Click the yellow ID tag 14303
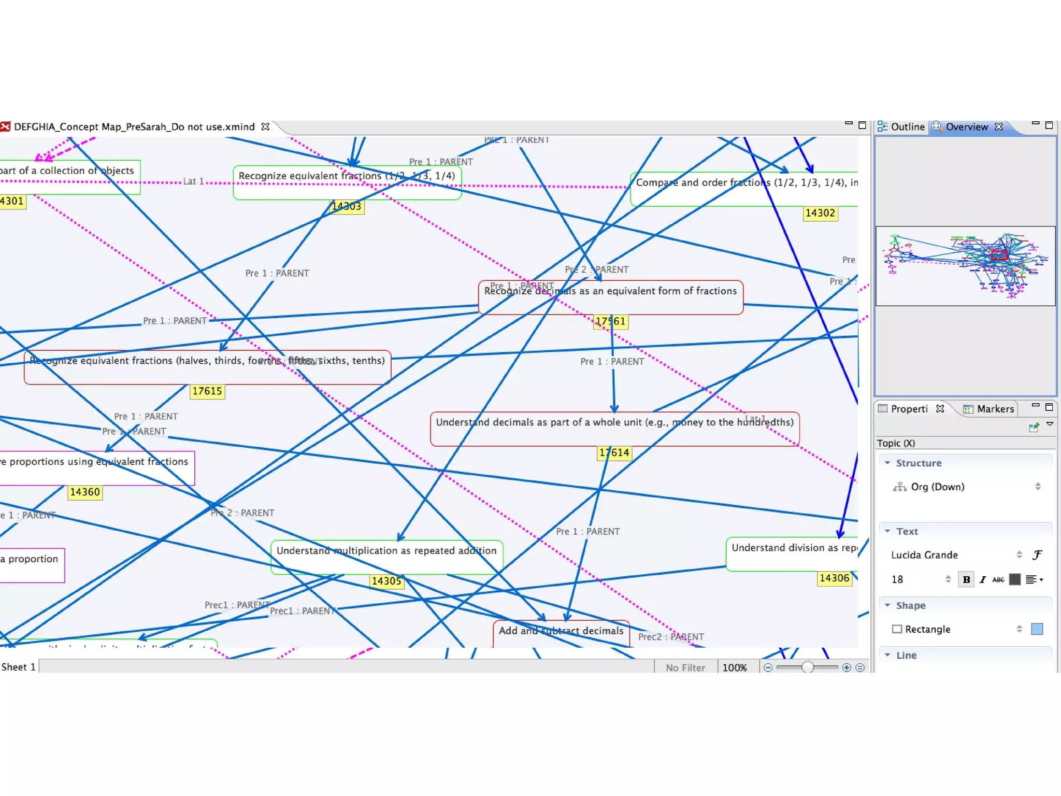[x=347, y=206]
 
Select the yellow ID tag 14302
[x=820, y=213]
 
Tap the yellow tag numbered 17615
[x=207, y=391]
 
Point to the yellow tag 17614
[x=614, y=453]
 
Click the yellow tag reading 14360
[x=85, y=492]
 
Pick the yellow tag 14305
[x=386, y=581]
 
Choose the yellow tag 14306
[x=835, y=578]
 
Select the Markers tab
[x=989, y=409]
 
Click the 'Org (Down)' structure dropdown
[x=967, y=487]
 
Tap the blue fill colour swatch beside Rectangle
[x=1037, y=629]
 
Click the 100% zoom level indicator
[x=735, y=667]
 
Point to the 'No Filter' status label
[x=685, y=667]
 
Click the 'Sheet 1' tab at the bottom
[x=19, y=667]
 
